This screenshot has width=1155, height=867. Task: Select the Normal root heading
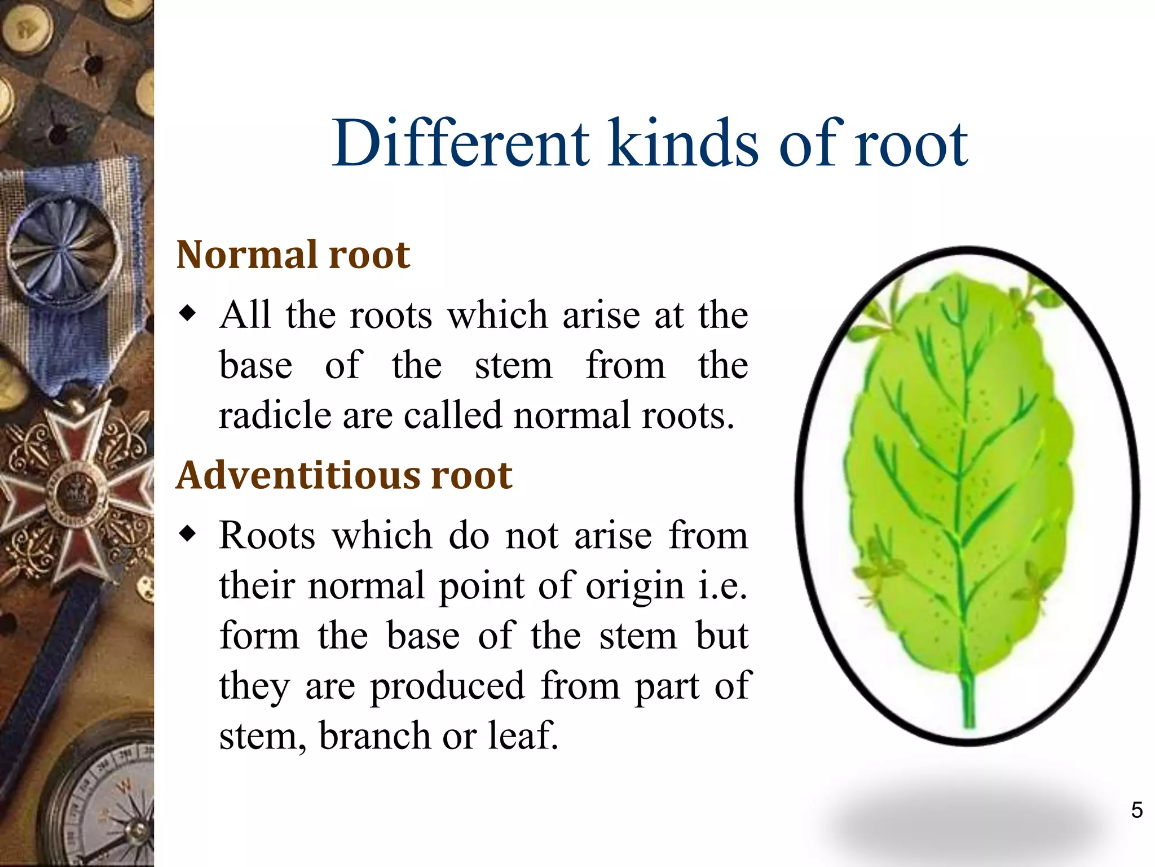tap(293, 255)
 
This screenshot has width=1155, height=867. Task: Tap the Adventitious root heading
tap(344, 475)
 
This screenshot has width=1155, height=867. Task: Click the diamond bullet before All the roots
tap(187, 313)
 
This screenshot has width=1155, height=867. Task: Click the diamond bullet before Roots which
tap(187, 533)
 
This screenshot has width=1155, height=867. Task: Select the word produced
tap(447, 686)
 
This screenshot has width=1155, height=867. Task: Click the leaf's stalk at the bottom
tap(968, 700)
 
